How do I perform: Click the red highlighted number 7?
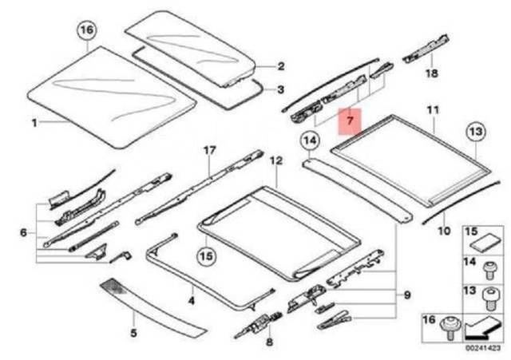[x=349, y=120]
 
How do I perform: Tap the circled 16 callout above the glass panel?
[x=87, y=32]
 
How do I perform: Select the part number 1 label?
[x=34, y=123]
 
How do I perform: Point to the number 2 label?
[x=280, y=66]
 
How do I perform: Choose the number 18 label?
[x=431, y=73]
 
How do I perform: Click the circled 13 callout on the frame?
[x=476, y=132]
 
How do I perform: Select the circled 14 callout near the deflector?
[x=310, y=144]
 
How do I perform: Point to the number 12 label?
[x=275, y=160]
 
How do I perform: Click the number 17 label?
[x=209, y=150]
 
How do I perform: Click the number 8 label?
[x=268, y=342]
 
